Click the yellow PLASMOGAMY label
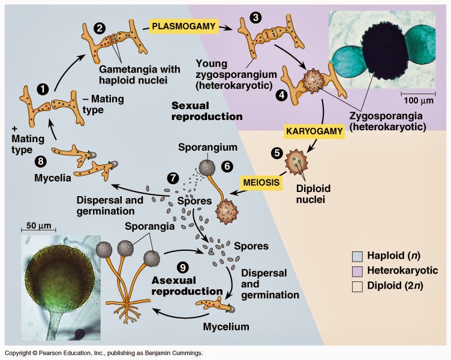pyautogui.click(x=184, y=26)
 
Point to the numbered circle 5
pyautogui.click(x=276, y=152)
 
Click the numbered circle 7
pyautogui.click(x=173, y=178)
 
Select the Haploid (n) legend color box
pyautogui.click(x=357, y=255)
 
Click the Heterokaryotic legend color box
pyautogui.click(x=357, y=271)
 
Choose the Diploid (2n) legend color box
pyautogui.click(x=357, y=286)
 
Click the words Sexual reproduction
pyautogui.click(x=206, y=110)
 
